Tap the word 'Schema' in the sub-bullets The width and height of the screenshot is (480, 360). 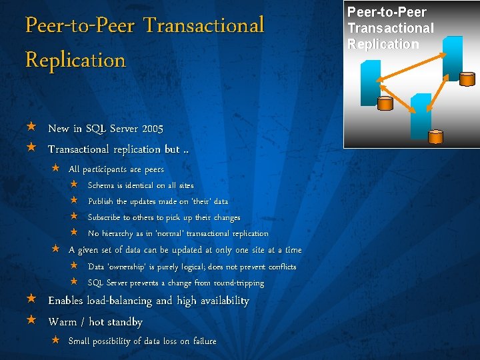[x=101, y=185]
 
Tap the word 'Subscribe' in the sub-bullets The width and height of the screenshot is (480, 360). [x=104, y=217]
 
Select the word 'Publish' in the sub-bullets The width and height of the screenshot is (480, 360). [x=101, y=201]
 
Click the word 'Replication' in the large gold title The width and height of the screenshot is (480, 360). [x=75, y=60]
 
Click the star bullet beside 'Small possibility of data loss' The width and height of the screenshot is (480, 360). [x=57, y=341]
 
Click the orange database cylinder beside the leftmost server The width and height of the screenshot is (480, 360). [x=385, y=103]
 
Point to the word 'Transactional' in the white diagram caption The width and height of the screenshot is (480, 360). [x=391, y=28]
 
